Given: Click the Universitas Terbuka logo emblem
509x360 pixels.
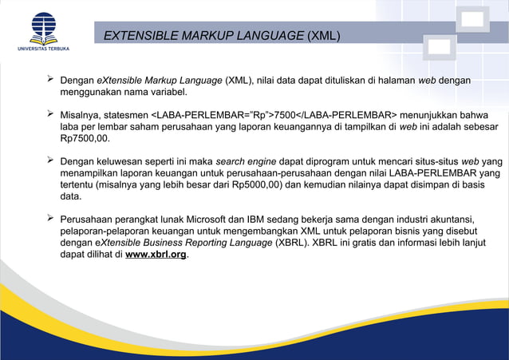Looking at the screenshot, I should pyautogui.click(x=43, y=27).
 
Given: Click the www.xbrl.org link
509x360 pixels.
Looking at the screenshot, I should pyautogui.click(x=156, y=255).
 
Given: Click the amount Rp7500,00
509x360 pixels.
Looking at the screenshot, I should pyautogui.click(x=88, y=138).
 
